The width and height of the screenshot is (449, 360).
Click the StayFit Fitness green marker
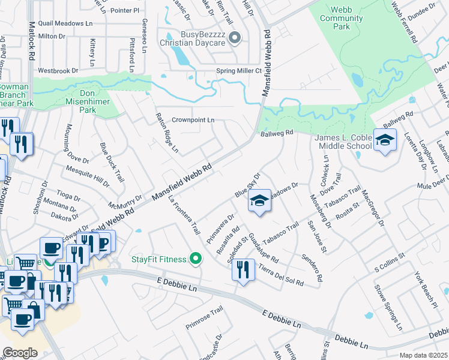pyautogui.click(x=195, y=259)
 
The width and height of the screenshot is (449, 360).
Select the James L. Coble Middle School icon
pyautogui.click(x=385, y=141)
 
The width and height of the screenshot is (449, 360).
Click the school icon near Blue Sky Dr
pyautogui.click(x=259, y=200)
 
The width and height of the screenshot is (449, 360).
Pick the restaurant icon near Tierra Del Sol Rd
pyautogui.click(x=243, y=269)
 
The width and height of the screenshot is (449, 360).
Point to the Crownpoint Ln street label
pyautogui.click(x=193, y=120)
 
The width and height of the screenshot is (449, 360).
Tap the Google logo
pyautogui.click(x=20, y=352)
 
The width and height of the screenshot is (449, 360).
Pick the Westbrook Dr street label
pyautogui.click(x=58, y=70)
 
